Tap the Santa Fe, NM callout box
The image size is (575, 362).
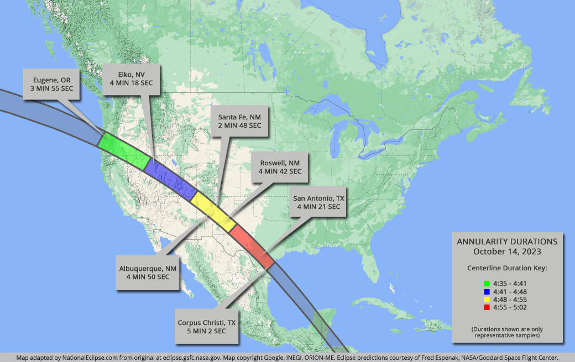240,121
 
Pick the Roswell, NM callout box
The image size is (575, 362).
280,167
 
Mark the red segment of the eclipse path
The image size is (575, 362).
251,246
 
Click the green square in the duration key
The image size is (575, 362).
487,284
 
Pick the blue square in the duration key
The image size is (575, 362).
487,291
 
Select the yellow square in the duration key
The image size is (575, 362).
487,299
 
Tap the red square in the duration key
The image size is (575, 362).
487,307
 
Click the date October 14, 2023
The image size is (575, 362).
507,251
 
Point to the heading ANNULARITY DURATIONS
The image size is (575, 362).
507,242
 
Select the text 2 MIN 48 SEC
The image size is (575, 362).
240,125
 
